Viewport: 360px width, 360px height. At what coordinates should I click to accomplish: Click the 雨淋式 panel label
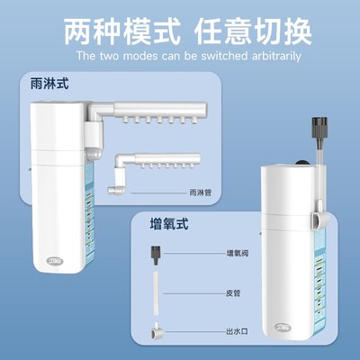(49, 84)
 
